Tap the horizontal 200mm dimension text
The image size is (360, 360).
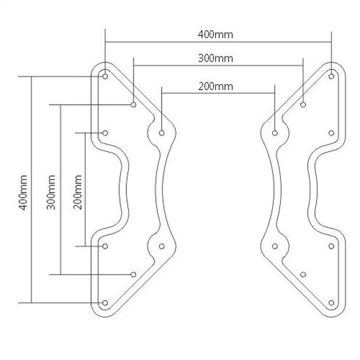coord(215,86)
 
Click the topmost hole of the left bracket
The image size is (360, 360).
coord(105,75)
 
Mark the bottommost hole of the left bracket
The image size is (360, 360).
coord(105,302)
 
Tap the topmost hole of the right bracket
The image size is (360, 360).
coord(331,75)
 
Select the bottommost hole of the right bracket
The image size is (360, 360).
coord(331,302)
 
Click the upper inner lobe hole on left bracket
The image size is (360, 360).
coord(161,132)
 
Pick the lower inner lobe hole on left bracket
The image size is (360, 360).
coord(161,246)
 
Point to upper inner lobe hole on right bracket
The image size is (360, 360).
coord(275,132)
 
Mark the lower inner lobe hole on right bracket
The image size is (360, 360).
coord(275,246)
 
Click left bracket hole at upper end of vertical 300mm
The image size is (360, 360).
coord(133,103)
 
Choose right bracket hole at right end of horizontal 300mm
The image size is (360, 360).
coord(303,103)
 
